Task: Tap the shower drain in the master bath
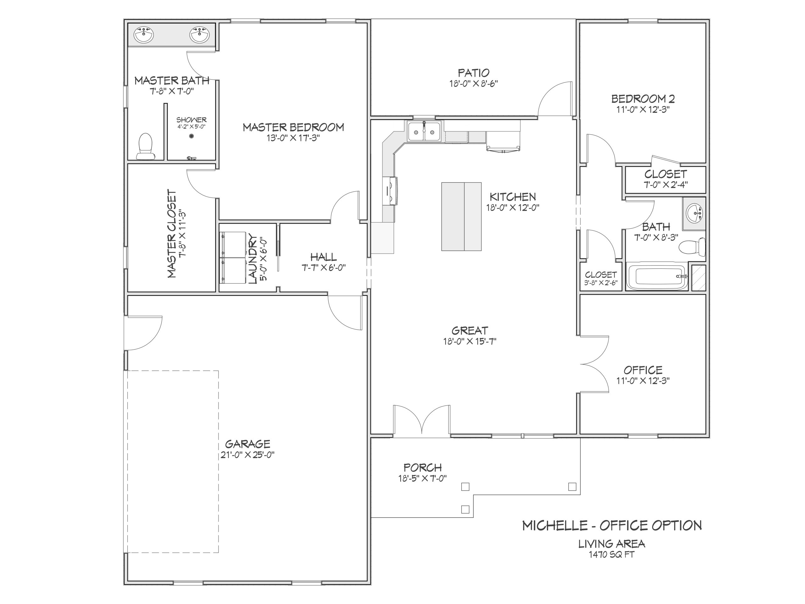click(x=192, y=136)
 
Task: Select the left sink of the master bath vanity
click(x=144, y=35)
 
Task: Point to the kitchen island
click(x=461, y=217)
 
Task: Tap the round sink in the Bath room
click(x=695, y=213)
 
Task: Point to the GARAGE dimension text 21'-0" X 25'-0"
click(x=247, y=455)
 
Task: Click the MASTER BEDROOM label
click(x=293, y=127)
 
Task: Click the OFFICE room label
click(x=643, y=370)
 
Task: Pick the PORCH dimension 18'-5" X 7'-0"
click(x=423, y=478)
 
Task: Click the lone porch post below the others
click(x=465, y=509)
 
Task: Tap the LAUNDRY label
click(x=253, y=260)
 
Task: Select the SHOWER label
click(x=192, y=120)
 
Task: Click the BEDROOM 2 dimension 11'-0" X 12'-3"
click(x=643, y=109)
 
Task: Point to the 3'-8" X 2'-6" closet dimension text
click(x=601, y=283)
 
